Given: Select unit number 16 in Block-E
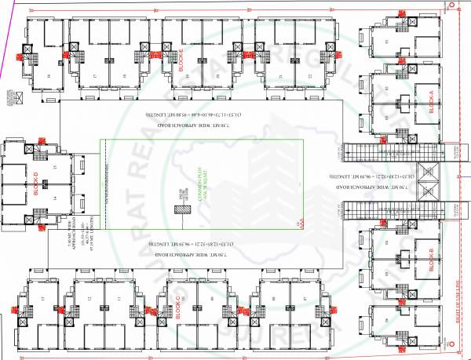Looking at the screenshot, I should [x=49, y=75].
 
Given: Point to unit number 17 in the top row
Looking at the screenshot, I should [x=94, y=75].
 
